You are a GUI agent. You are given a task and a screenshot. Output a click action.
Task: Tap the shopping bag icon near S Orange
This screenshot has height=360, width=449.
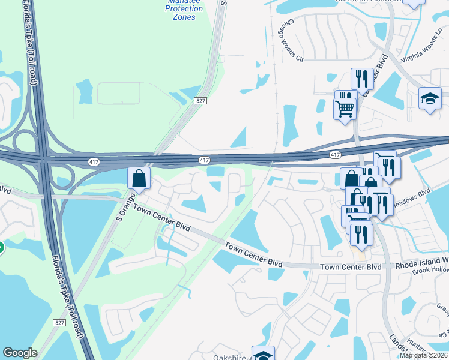[x=139, y=178]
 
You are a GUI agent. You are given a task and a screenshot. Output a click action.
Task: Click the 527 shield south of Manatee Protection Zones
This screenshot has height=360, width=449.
[x=201, y=101]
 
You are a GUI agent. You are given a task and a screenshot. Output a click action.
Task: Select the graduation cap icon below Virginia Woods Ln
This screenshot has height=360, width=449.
[x=430, y=98]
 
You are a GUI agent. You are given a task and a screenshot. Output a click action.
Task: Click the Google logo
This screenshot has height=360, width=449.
[x=20, y=353]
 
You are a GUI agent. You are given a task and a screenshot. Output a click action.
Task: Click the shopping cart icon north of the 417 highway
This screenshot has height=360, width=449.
[x=345, y=108]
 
